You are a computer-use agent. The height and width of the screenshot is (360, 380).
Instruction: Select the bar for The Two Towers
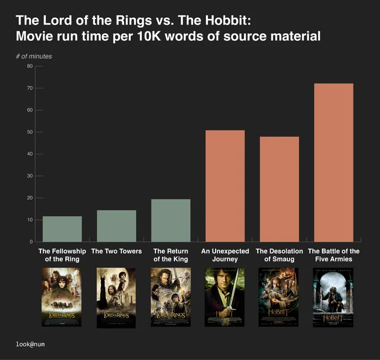point(116,226)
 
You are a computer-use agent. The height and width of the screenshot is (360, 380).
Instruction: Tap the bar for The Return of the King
point(170,221)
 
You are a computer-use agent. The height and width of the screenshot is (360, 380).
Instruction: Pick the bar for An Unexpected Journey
point(224,186)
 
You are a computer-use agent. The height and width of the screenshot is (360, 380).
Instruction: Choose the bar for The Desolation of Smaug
point(279,189)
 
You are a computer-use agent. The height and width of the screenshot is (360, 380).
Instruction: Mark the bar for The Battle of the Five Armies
point(333,163)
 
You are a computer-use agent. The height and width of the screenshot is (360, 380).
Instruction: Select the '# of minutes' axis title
point(34,56)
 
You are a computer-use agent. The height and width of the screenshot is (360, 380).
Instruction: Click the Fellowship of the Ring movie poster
point(62,297)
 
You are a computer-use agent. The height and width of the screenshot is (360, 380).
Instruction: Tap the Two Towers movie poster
point(116,297)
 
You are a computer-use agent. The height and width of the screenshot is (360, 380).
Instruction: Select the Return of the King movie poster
point(170,297)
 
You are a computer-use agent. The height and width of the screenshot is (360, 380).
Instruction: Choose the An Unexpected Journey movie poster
point(224,297)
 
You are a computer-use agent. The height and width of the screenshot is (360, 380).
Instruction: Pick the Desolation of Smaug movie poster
point(279,297)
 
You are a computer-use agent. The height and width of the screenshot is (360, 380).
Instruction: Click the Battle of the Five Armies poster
point(333,297)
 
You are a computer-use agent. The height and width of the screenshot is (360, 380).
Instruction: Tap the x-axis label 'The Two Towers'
point(116,251)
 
